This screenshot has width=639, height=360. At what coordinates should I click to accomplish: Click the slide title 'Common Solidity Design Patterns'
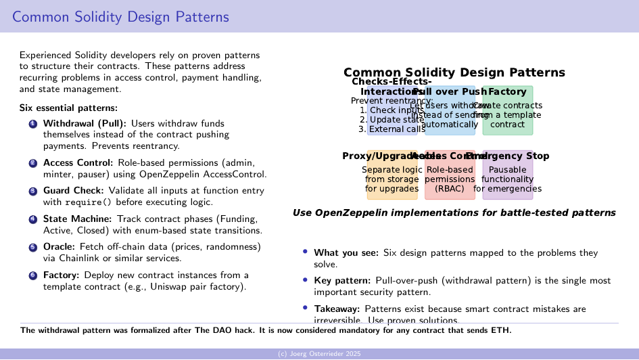pos(120,17)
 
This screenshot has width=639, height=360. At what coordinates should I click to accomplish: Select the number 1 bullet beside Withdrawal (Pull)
pos(32,124)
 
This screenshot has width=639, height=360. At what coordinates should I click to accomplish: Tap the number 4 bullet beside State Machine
pos(32,219)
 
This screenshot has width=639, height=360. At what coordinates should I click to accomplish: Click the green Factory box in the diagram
pos(507,110)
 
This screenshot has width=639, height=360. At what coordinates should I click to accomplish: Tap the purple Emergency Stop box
pos(507,175)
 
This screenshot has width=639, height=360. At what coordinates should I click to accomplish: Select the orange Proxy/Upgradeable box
pos(392,175)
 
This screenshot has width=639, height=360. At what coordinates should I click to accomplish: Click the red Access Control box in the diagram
pos(450,175)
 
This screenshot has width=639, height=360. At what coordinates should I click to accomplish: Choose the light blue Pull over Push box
pos(450,110)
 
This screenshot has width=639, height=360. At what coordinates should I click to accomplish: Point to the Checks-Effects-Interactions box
pos(392,110)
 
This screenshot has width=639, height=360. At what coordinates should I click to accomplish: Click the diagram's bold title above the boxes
pos(454,72)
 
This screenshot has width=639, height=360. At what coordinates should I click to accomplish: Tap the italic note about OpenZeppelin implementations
pos(454,212)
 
